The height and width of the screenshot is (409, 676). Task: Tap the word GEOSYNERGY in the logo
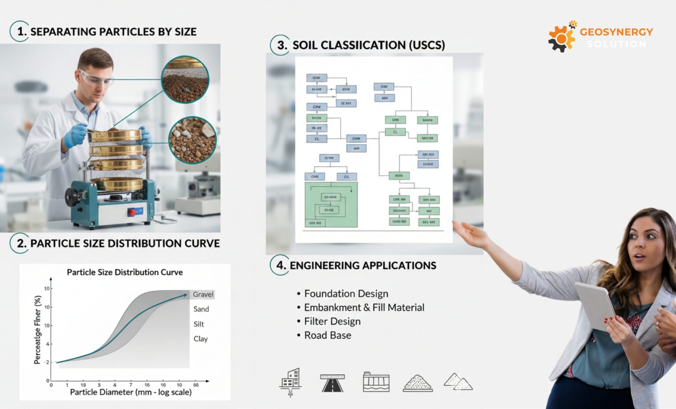(x=616, y=32)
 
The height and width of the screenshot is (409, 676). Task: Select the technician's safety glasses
(x=96, y=79)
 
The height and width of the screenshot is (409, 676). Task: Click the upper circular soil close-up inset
(x=185, y=80)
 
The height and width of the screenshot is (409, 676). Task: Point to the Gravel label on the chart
(x=203, y=294)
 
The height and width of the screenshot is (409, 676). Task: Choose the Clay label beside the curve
(x=200, y=339)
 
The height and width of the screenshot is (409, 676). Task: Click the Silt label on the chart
(x=198, y=324)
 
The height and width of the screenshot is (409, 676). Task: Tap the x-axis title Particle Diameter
(x=131, y=392)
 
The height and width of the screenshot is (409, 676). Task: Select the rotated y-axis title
(x=38, y=329)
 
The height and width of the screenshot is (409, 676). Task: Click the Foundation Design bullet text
(x=346, y=293)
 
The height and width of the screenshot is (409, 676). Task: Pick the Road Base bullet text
(x=327, y=335)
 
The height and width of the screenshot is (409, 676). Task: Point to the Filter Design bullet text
(x=332, y=321)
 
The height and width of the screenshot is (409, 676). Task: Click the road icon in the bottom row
(x=332, y=383)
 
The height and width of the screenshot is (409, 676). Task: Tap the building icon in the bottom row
(x=290, y=381)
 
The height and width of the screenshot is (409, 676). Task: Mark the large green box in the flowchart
(x=331, y=205)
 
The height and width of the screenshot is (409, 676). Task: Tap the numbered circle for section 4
(x=280, y=265)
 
